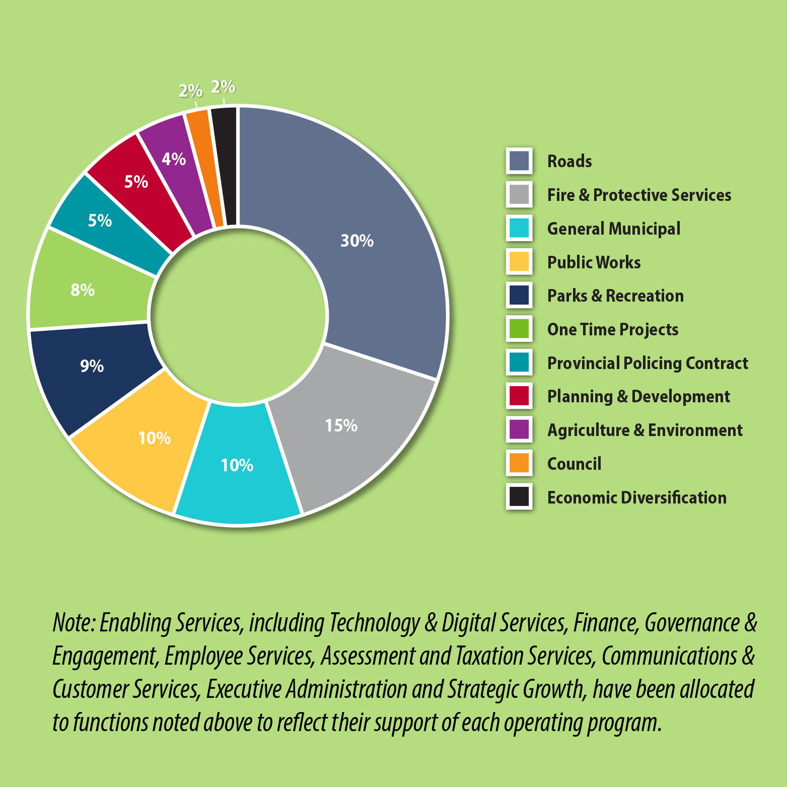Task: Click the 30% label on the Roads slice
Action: [x=357, y=241]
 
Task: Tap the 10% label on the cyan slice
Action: [x=237, y=465]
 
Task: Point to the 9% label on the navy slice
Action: [x=92, y=366]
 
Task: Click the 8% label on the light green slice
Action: [x=83, y=290]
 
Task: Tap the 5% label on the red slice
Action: [x=136, y=181]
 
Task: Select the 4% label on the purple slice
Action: [x=174, y=159]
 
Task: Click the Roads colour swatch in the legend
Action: [x=519, y=161]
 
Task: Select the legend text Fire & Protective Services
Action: [x=639, y=195]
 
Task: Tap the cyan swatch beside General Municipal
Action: [x=519, y=228]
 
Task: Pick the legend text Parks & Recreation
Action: [x=615, y=296]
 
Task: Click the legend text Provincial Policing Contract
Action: [x=648, y=363]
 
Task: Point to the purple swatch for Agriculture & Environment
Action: [x=519, y=430]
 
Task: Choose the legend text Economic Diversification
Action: [x=636, y=497]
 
